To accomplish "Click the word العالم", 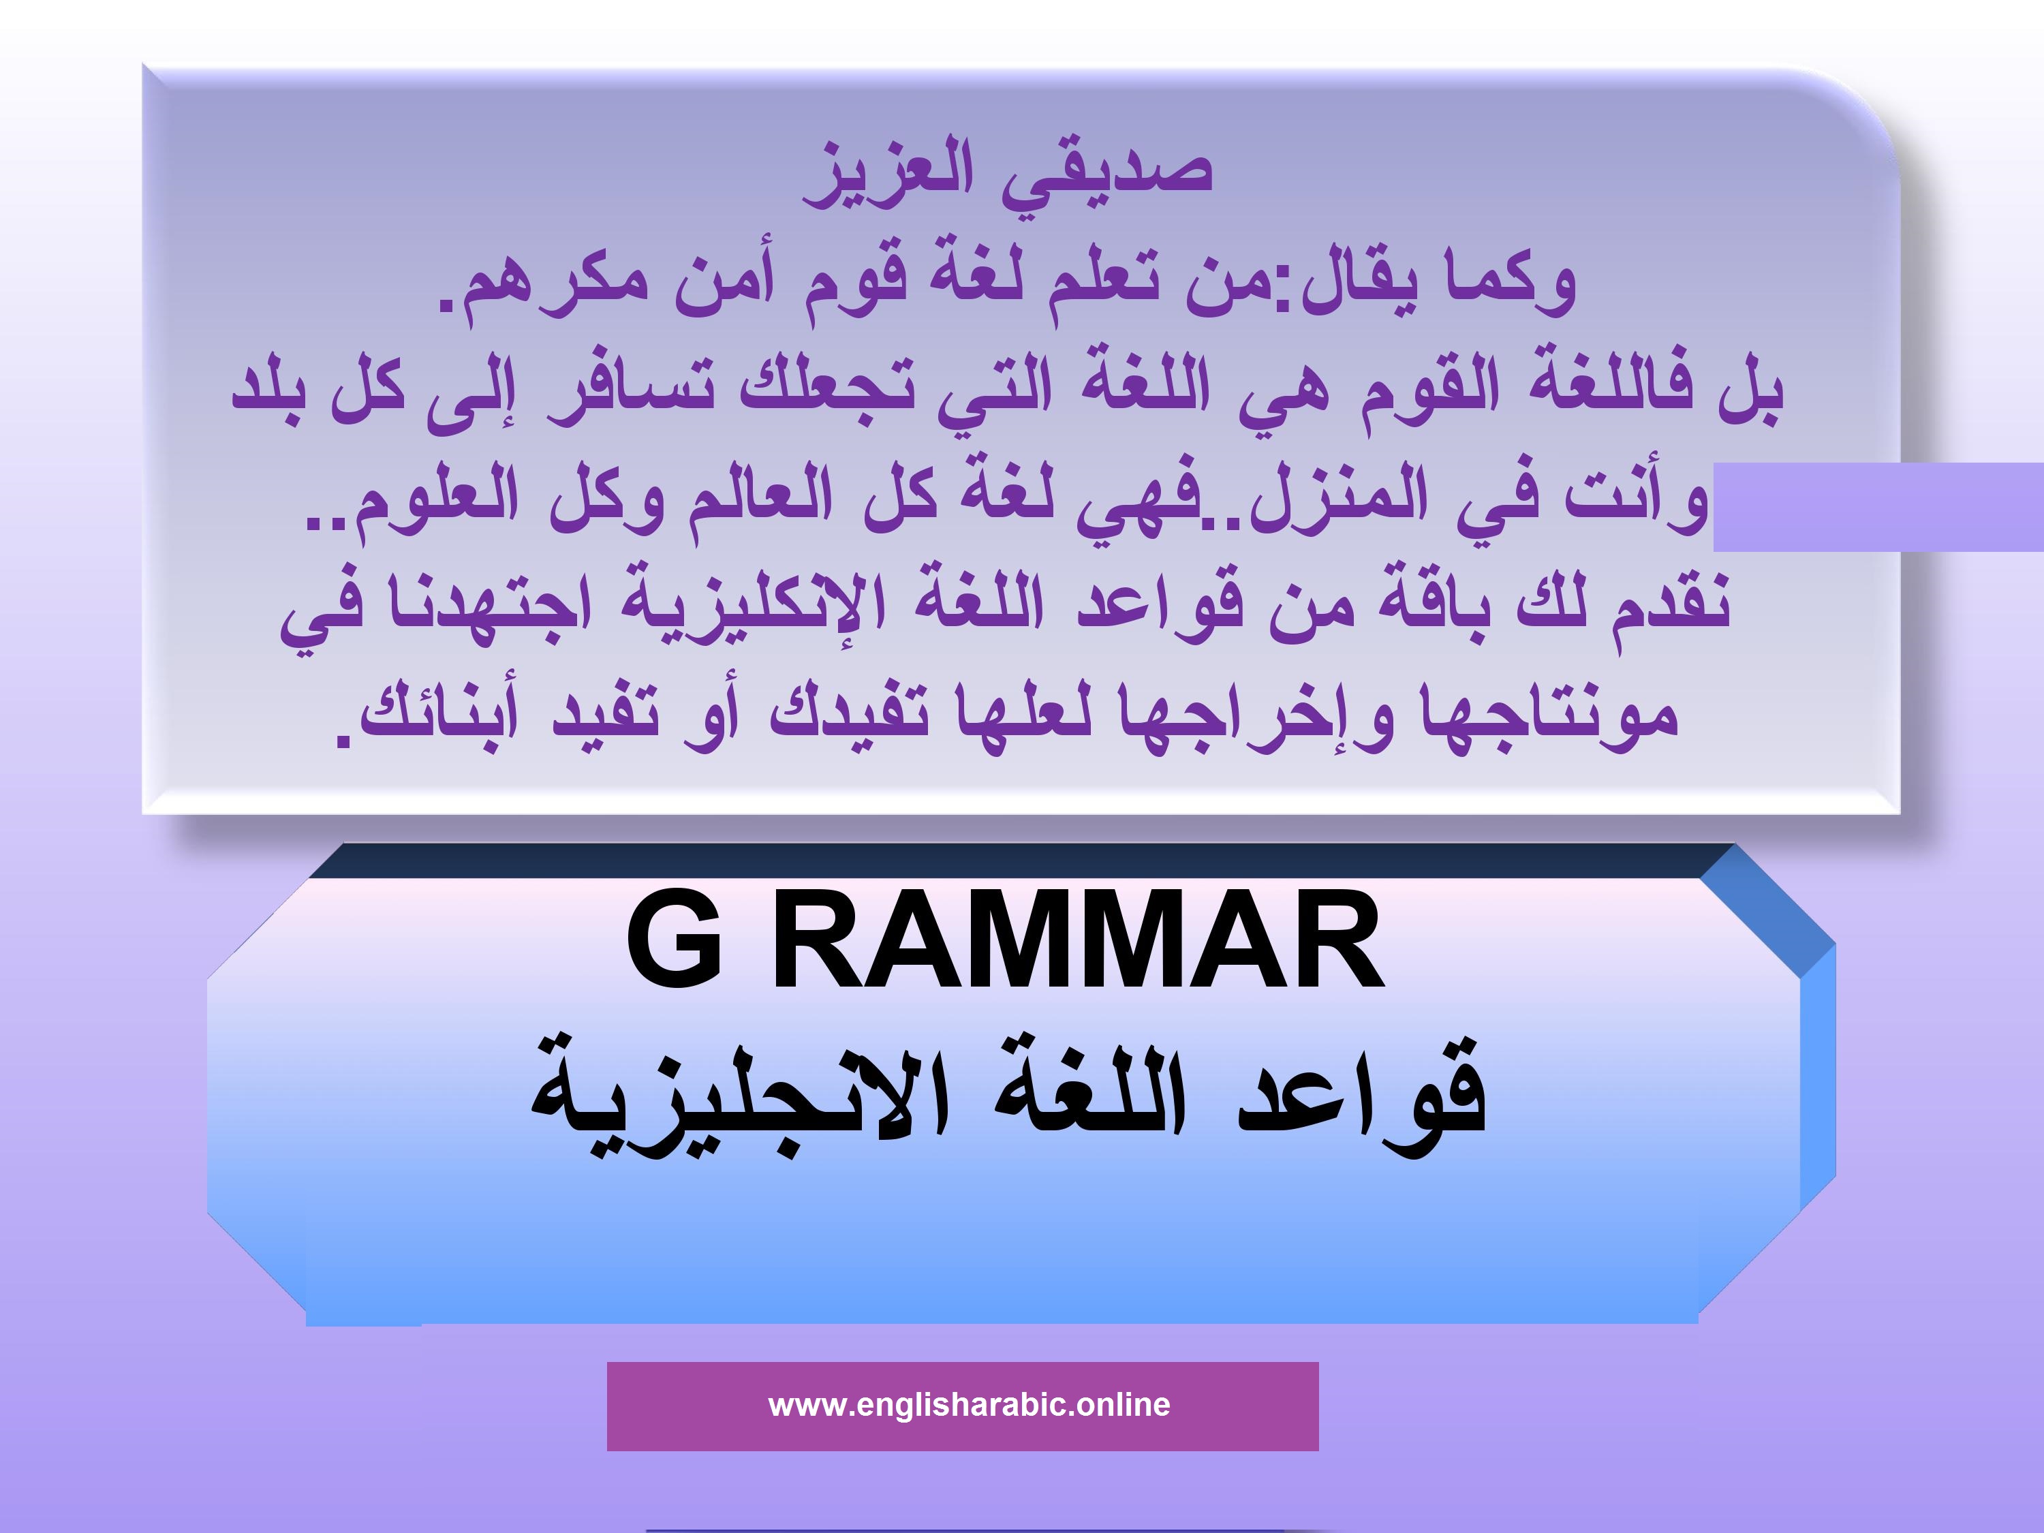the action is click(x=762, y=499).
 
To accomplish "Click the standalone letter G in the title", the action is click(x=675, y=942).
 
